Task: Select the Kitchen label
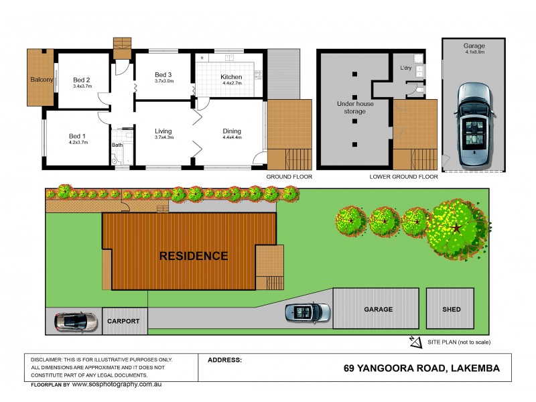[231, 77]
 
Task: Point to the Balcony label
[42, 80]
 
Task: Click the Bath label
[117, 144]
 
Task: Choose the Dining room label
[232, 131]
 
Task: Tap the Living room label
[164, 131]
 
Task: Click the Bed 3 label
[164, 74]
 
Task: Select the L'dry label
[406, 68]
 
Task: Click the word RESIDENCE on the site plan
[193, 256]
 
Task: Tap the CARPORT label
[123, 322]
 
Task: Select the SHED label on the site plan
[450, 310]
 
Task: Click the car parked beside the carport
[73, 321]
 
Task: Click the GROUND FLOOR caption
[289, 177]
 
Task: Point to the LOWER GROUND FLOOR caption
[403, 177]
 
